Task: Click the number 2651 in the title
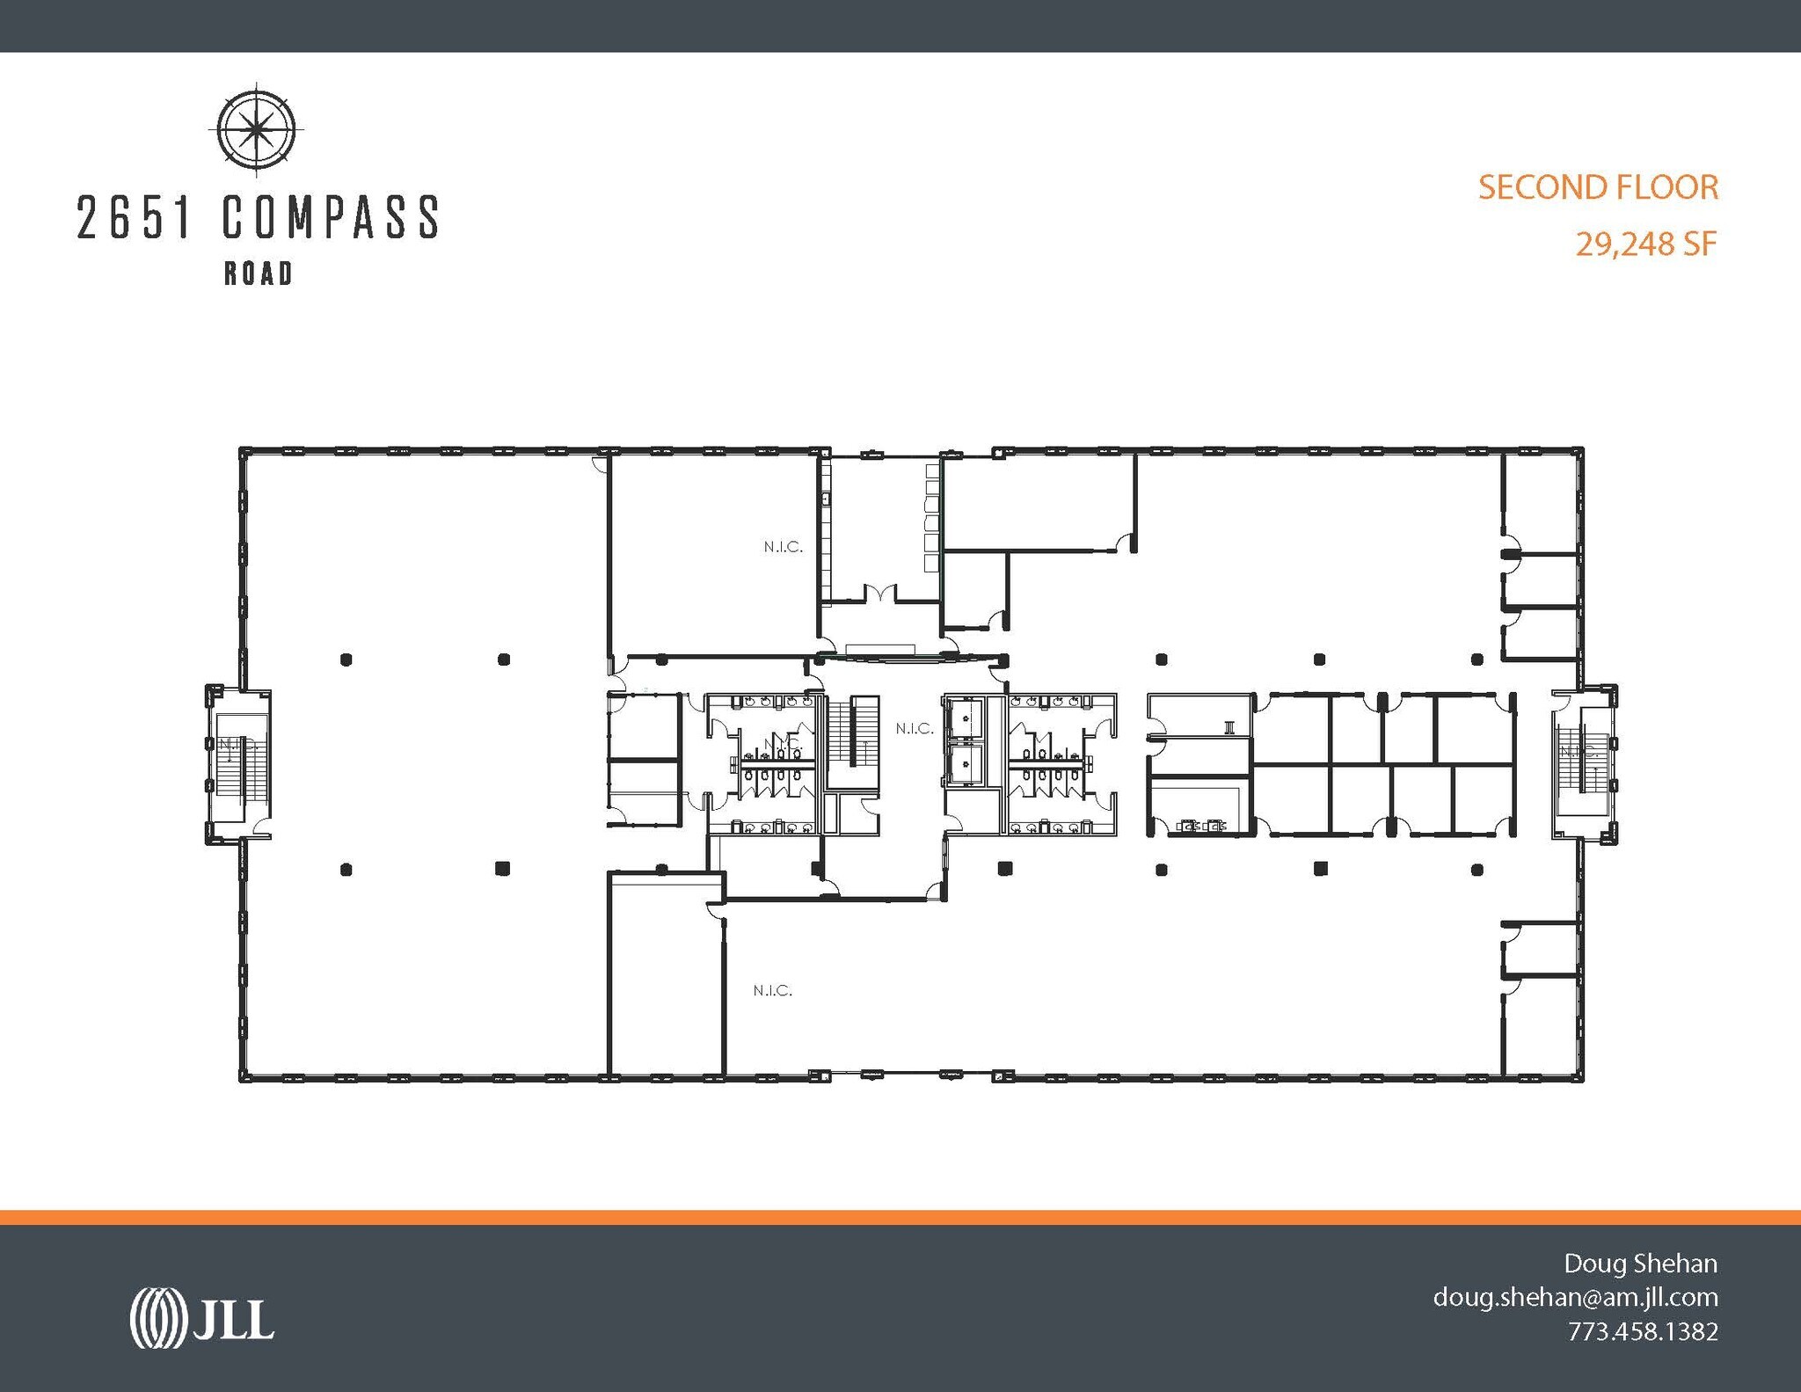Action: [x=134, y=218]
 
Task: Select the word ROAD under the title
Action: [x=259, y=274]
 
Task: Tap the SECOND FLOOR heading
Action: [x=1598, y=187]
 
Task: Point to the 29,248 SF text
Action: [x=1645, y=244]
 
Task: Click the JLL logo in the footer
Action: [x=202, y=1318]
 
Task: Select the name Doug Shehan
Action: [x=1640, y=1264]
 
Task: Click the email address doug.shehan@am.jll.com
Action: [x=1575, y=1297]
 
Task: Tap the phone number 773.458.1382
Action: [x=1642, y=1331]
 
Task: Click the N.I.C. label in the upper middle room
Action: [x=783, y=547]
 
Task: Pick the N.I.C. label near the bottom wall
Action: [x=772, y=991]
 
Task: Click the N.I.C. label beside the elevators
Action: [x=915, y=728]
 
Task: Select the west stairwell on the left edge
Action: [x=237, y=763]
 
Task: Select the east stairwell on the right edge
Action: [x=1584, y=763]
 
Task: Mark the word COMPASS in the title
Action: [x=330, y=218]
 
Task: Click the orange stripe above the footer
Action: [x=900, y=1217]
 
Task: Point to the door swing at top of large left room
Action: [x=601, y=464]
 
